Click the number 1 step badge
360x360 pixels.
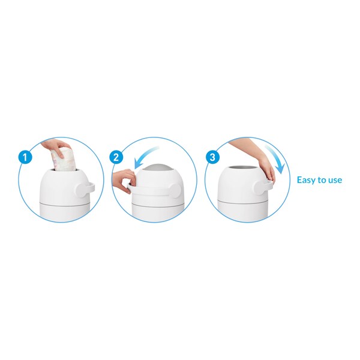25,157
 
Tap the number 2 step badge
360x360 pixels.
116,157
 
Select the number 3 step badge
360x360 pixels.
212,157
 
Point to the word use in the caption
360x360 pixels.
335,181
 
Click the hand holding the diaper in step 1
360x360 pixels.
55,148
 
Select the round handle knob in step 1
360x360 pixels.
83,189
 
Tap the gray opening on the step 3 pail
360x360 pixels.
244,168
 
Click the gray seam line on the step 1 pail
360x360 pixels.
65,204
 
